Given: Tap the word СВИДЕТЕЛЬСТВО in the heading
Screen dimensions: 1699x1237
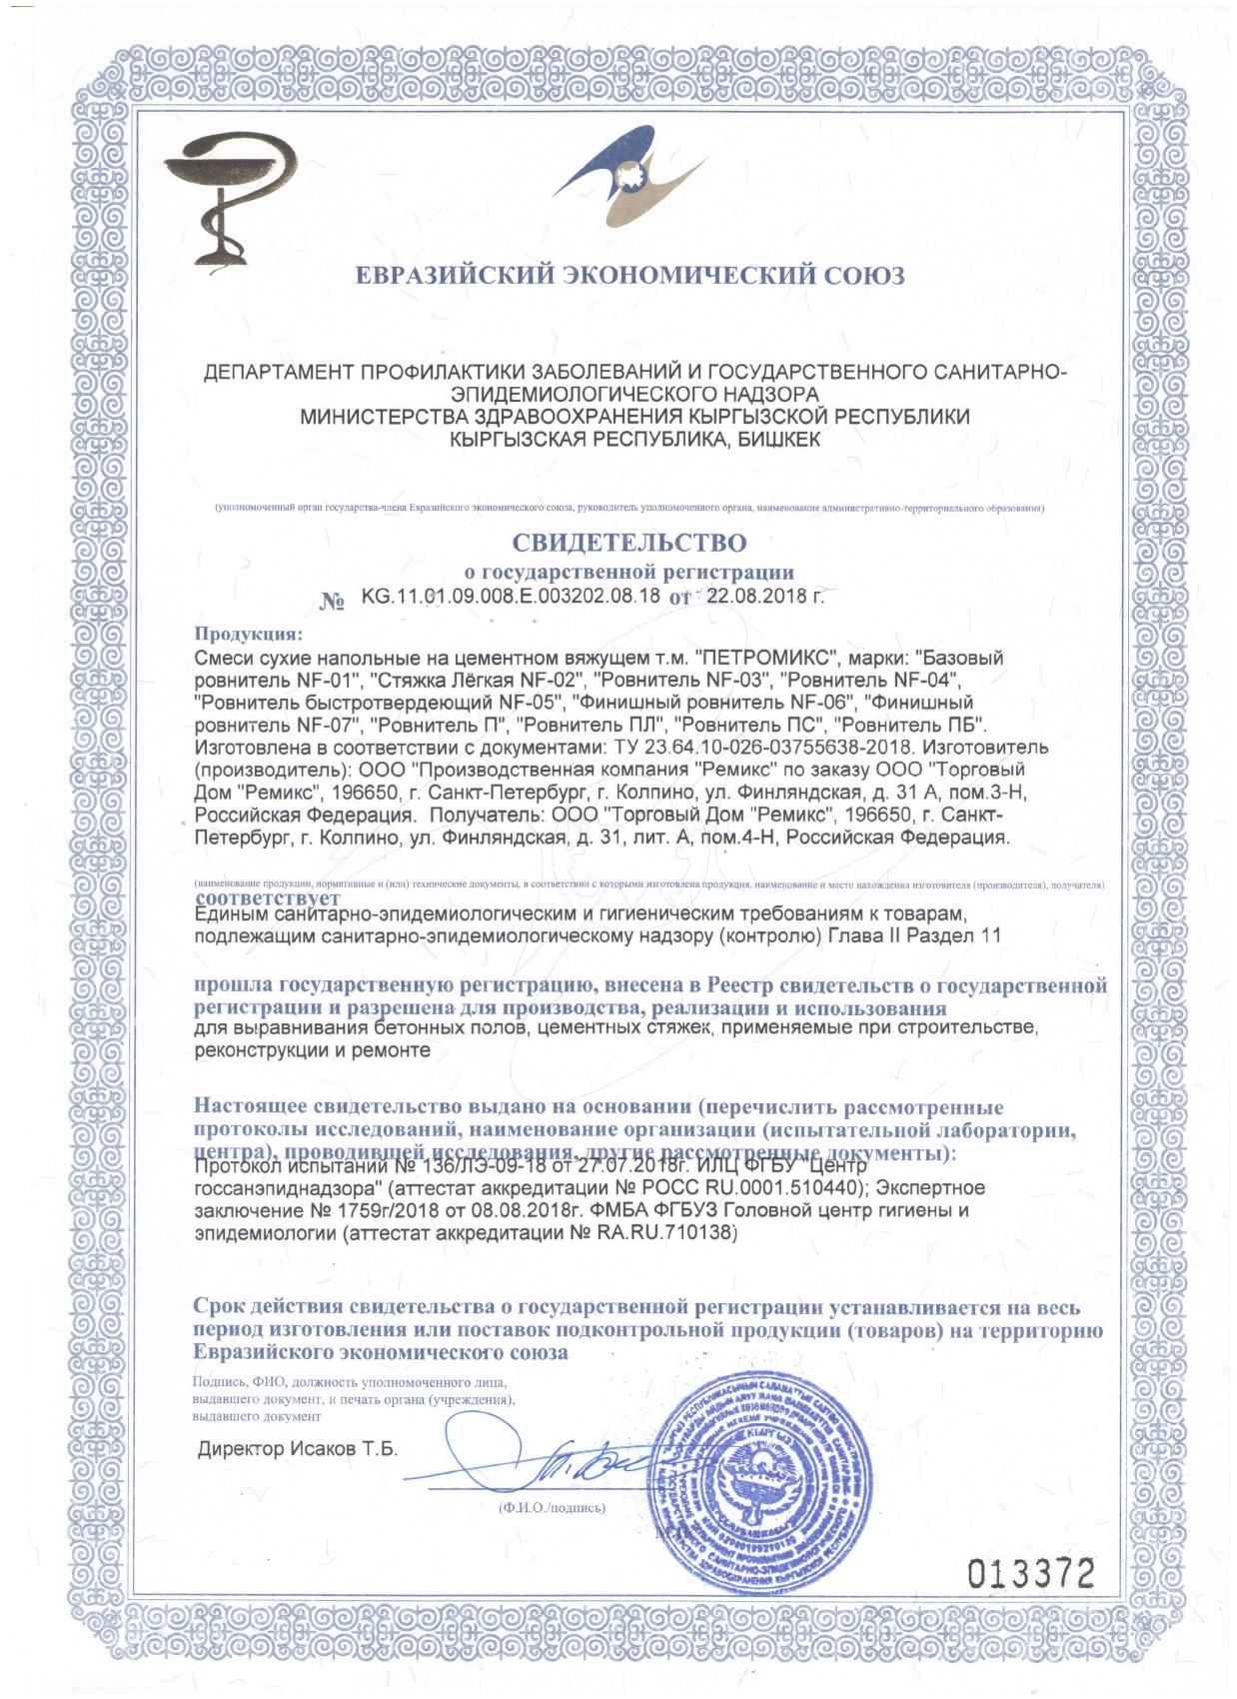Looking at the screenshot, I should click(628, 543).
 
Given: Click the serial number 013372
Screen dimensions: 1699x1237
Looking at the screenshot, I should click(1031, 1574).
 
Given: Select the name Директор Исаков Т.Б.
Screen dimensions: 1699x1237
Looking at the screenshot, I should click(298, 1449).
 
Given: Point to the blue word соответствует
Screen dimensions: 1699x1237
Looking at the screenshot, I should click(267, 897).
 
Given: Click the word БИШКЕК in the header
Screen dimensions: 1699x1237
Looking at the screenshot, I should click(772, 439).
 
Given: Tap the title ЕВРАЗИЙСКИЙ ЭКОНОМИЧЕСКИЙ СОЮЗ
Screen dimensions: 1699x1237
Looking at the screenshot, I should click(630, 275).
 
